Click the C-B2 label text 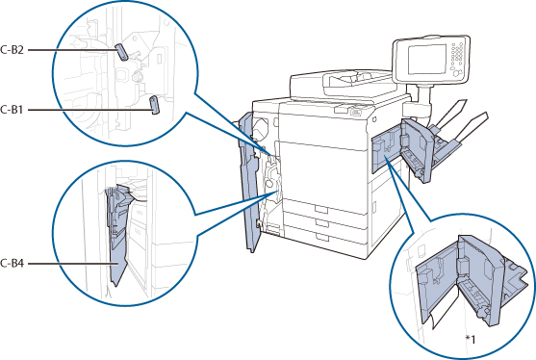click(12, 50)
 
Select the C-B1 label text click(12, 110)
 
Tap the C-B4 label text click(12, 264)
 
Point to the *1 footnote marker click(471, 340)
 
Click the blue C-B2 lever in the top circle click(121, 52)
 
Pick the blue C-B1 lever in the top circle click(155, 105)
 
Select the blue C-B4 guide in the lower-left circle click(118, 236)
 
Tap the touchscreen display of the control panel click(427, 59)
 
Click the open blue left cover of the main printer click(248, 181)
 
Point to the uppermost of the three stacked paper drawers click(324, 207)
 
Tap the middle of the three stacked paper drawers click(324, 221)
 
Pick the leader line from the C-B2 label click(72, 50)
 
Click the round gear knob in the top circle click(137, 77)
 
